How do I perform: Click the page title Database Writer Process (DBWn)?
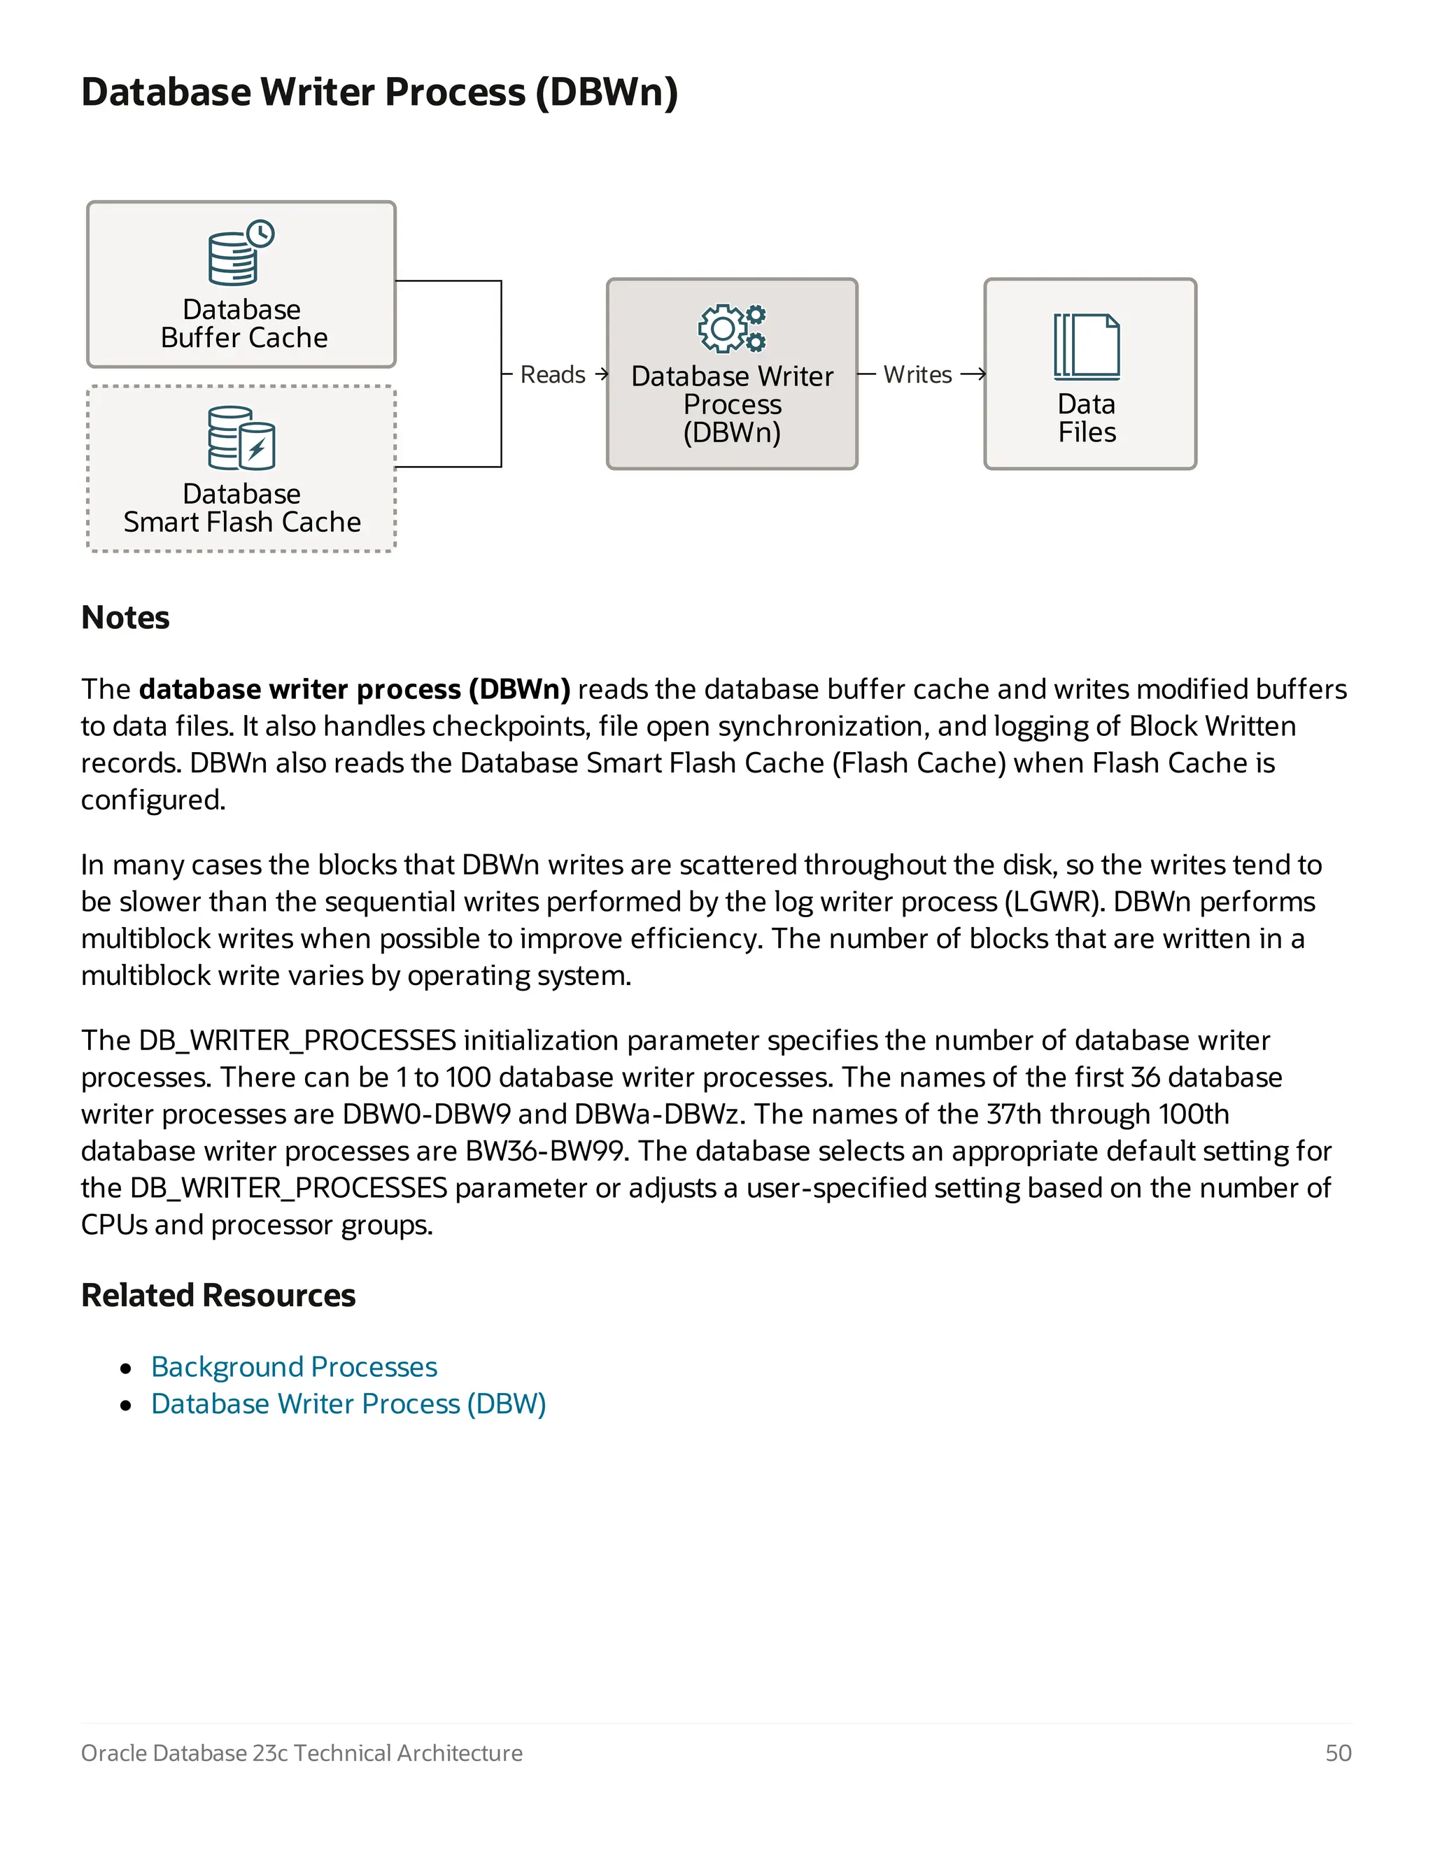(379, 92)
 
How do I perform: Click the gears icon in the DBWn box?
(732, 329)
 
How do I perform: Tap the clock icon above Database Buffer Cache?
(260, 234)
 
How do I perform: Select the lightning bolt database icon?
(256, 446)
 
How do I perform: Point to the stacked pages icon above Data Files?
(1087, 346)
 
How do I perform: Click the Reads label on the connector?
(553, 374)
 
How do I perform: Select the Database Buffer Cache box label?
(243, 323)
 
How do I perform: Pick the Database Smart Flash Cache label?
(242, 508)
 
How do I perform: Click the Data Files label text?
(1087, 418)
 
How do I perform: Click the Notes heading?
(126, 618)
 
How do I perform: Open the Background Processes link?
(294, 1367)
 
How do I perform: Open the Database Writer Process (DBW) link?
(348, 1404)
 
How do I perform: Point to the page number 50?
(1338, 1753)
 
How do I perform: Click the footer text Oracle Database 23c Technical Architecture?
(302, 1753)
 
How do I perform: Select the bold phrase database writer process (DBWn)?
(355, 689)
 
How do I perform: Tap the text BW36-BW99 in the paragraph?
(546, 1151)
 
